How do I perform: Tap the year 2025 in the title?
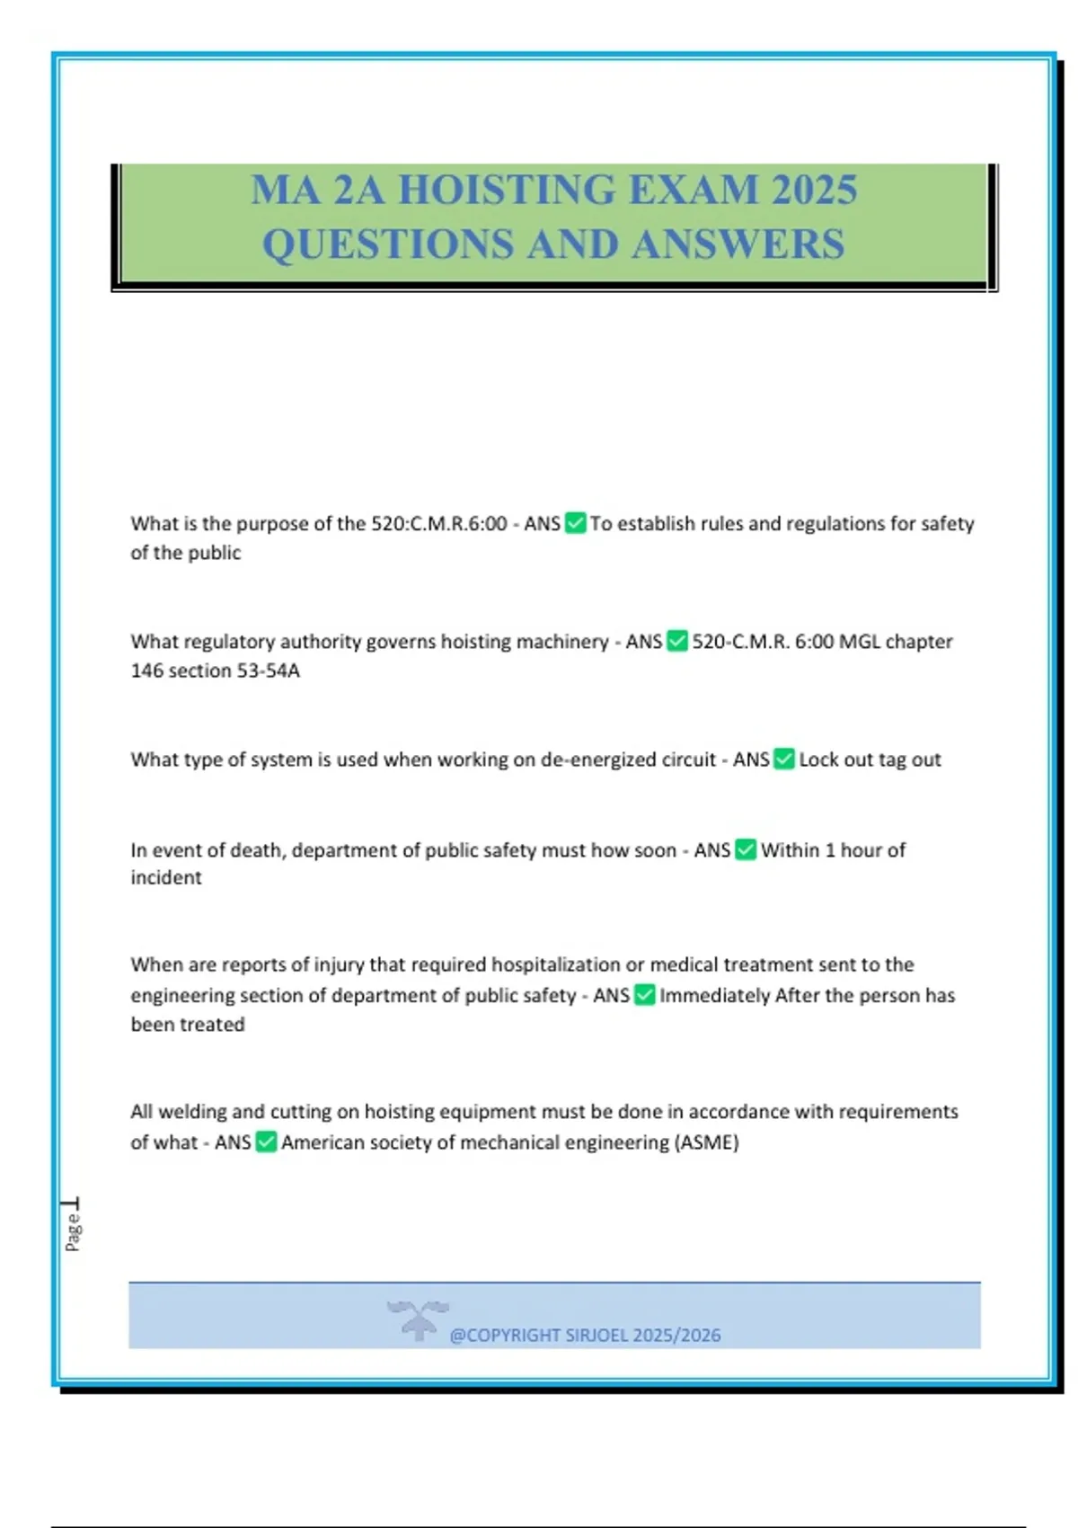point(814,190)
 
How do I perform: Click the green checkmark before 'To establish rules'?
point(575,523)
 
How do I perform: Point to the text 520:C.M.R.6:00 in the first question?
point(439,523)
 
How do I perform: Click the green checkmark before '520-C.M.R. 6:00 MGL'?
point(677,641)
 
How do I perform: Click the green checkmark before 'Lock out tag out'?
point(784,760)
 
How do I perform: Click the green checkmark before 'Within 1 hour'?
point(746,849)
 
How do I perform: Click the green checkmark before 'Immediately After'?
point(645,995)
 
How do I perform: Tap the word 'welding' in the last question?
point(196,1112)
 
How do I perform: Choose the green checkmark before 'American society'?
point(266,1142)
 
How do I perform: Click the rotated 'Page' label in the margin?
point(73,1231)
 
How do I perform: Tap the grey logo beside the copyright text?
point(418,1319)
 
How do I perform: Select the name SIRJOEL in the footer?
point(596,1336)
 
